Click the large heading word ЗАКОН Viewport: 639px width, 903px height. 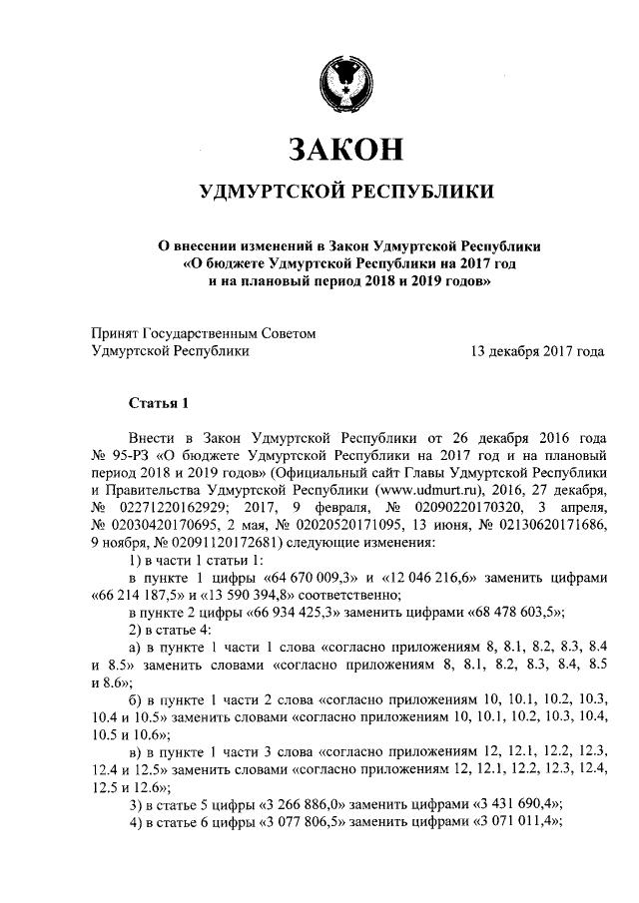345,150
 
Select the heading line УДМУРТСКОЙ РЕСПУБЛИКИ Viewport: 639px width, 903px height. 345,191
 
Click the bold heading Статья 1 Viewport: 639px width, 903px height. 159,404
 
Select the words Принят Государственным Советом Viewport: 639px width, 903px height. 203,333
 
